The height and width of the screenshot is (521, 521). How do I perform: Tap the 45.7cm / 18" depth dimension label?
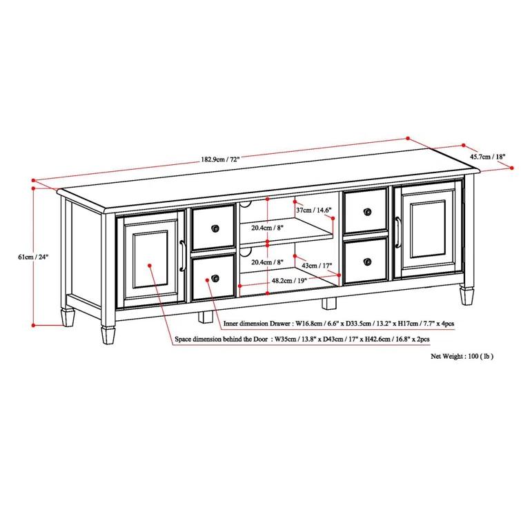488,157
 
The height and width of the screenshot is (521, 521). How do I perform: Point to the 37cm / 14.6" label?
314,210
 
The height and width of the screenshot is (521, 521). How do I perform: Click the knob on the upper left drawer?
215,229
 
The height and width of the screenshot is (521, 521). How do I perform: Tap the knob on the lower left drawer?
215,278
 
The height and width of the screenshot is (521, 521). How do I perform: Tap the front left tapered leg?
108,335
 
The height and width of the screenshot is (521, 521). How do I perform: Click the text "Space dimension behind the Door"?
223,339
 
